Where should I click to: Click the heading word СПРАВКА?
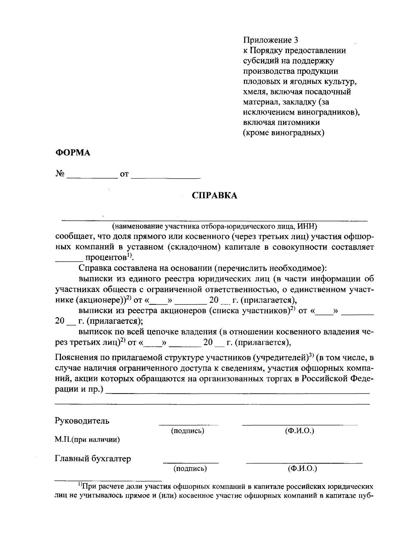(x=214, y=195)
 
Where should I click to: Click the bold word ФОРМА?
(x=72, y=153)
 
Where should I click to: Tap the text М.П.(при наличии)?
(x=87, y=440)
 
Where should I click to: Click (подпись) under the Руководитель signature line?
(x=188, y=431)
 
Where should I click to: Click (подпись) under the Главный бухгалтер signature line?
(x=190, y=468)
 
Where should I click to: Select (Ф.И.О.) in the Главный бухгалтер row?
(x=302, y=468)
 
